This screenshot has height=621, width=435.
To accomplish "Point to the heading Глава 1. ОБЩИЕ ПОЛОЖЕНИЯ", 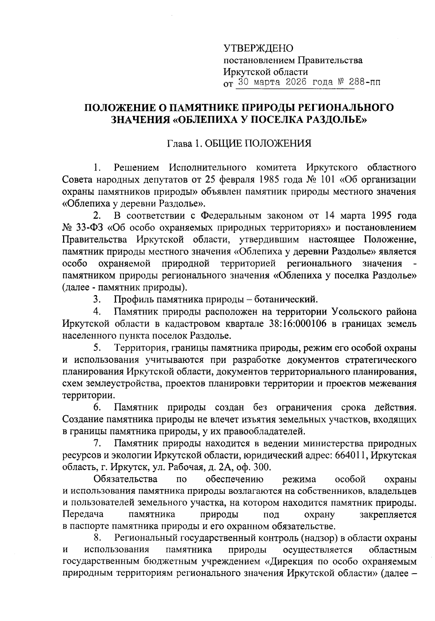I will (239, 144).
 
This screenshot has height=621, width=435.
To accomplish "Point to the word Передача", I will (83, 515).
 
